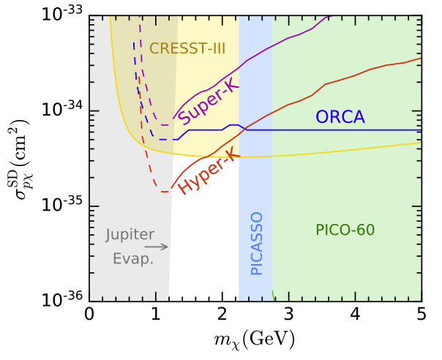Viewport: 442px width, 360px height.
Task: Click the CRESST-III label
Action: click(x=187, y=48)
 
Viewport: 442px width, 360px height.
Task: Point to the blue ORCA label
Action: click(x=340, y=117)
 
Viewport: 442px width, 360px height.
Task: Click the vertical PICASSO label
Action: click(x=256, y=243)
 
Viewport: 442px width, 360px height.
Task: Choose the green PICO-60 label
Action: click(x=345, y=230)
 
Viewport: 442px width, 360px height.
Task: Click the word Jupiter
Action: click(x=129, y=236)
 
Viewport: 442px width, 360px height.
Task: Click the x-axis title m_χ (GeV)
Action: click(x=255, y=340)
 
